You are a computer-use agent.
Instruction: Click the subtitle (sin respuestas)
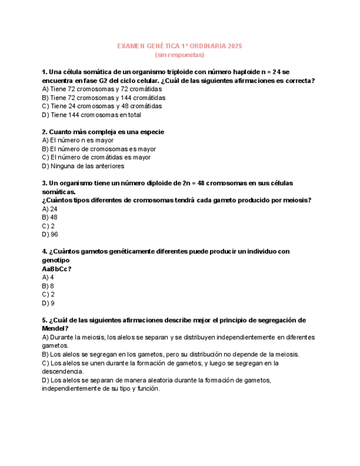(180, 55)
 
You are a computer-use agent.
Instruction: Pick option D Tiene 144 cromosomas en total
(91, 115)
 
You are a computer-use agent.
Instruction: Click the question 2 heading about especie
(103, 132)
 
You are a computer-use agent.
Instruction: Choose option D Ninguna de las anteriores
(83, 166)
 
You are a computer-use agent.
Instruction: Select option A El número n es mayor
(77, 140)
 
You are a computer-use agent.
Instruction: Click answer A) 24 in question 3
(49, 209)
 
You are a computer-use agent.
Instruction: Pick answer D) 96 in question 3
(49, 235)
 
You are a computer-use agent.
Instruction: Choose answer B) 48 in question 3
(49, 218)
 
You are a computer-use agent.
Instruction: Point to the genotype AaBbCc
(56, 269)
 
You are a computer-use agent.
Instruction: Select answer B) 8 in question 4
(48, 286)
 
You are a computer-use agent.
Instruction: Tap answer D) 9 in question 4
(48, 303)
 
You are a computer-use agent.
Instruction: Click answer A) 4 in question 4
(48, 278)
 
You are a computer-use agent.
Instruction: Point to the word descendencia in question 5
(62, 371)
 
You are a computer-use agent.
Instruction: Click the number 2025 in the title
(234, 46)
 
